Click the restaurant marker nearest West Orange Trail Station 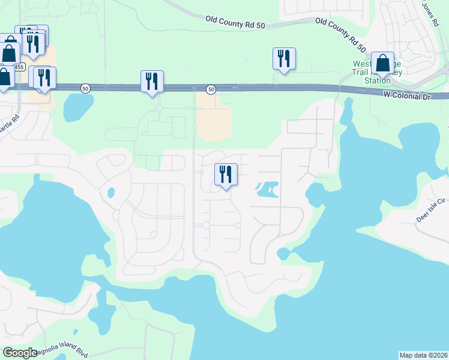click(283, 59)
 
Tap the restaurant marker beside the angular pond click(226, 175)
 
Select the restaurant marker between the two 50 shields click(152, 81)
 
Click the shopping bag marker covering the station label click(382, 64)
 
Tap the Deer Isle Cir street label click(432, 210)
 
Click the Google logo click(20, 353)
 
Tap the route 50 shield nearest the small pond click(85, 88)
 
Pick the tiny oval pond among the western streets click(110, 193)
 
